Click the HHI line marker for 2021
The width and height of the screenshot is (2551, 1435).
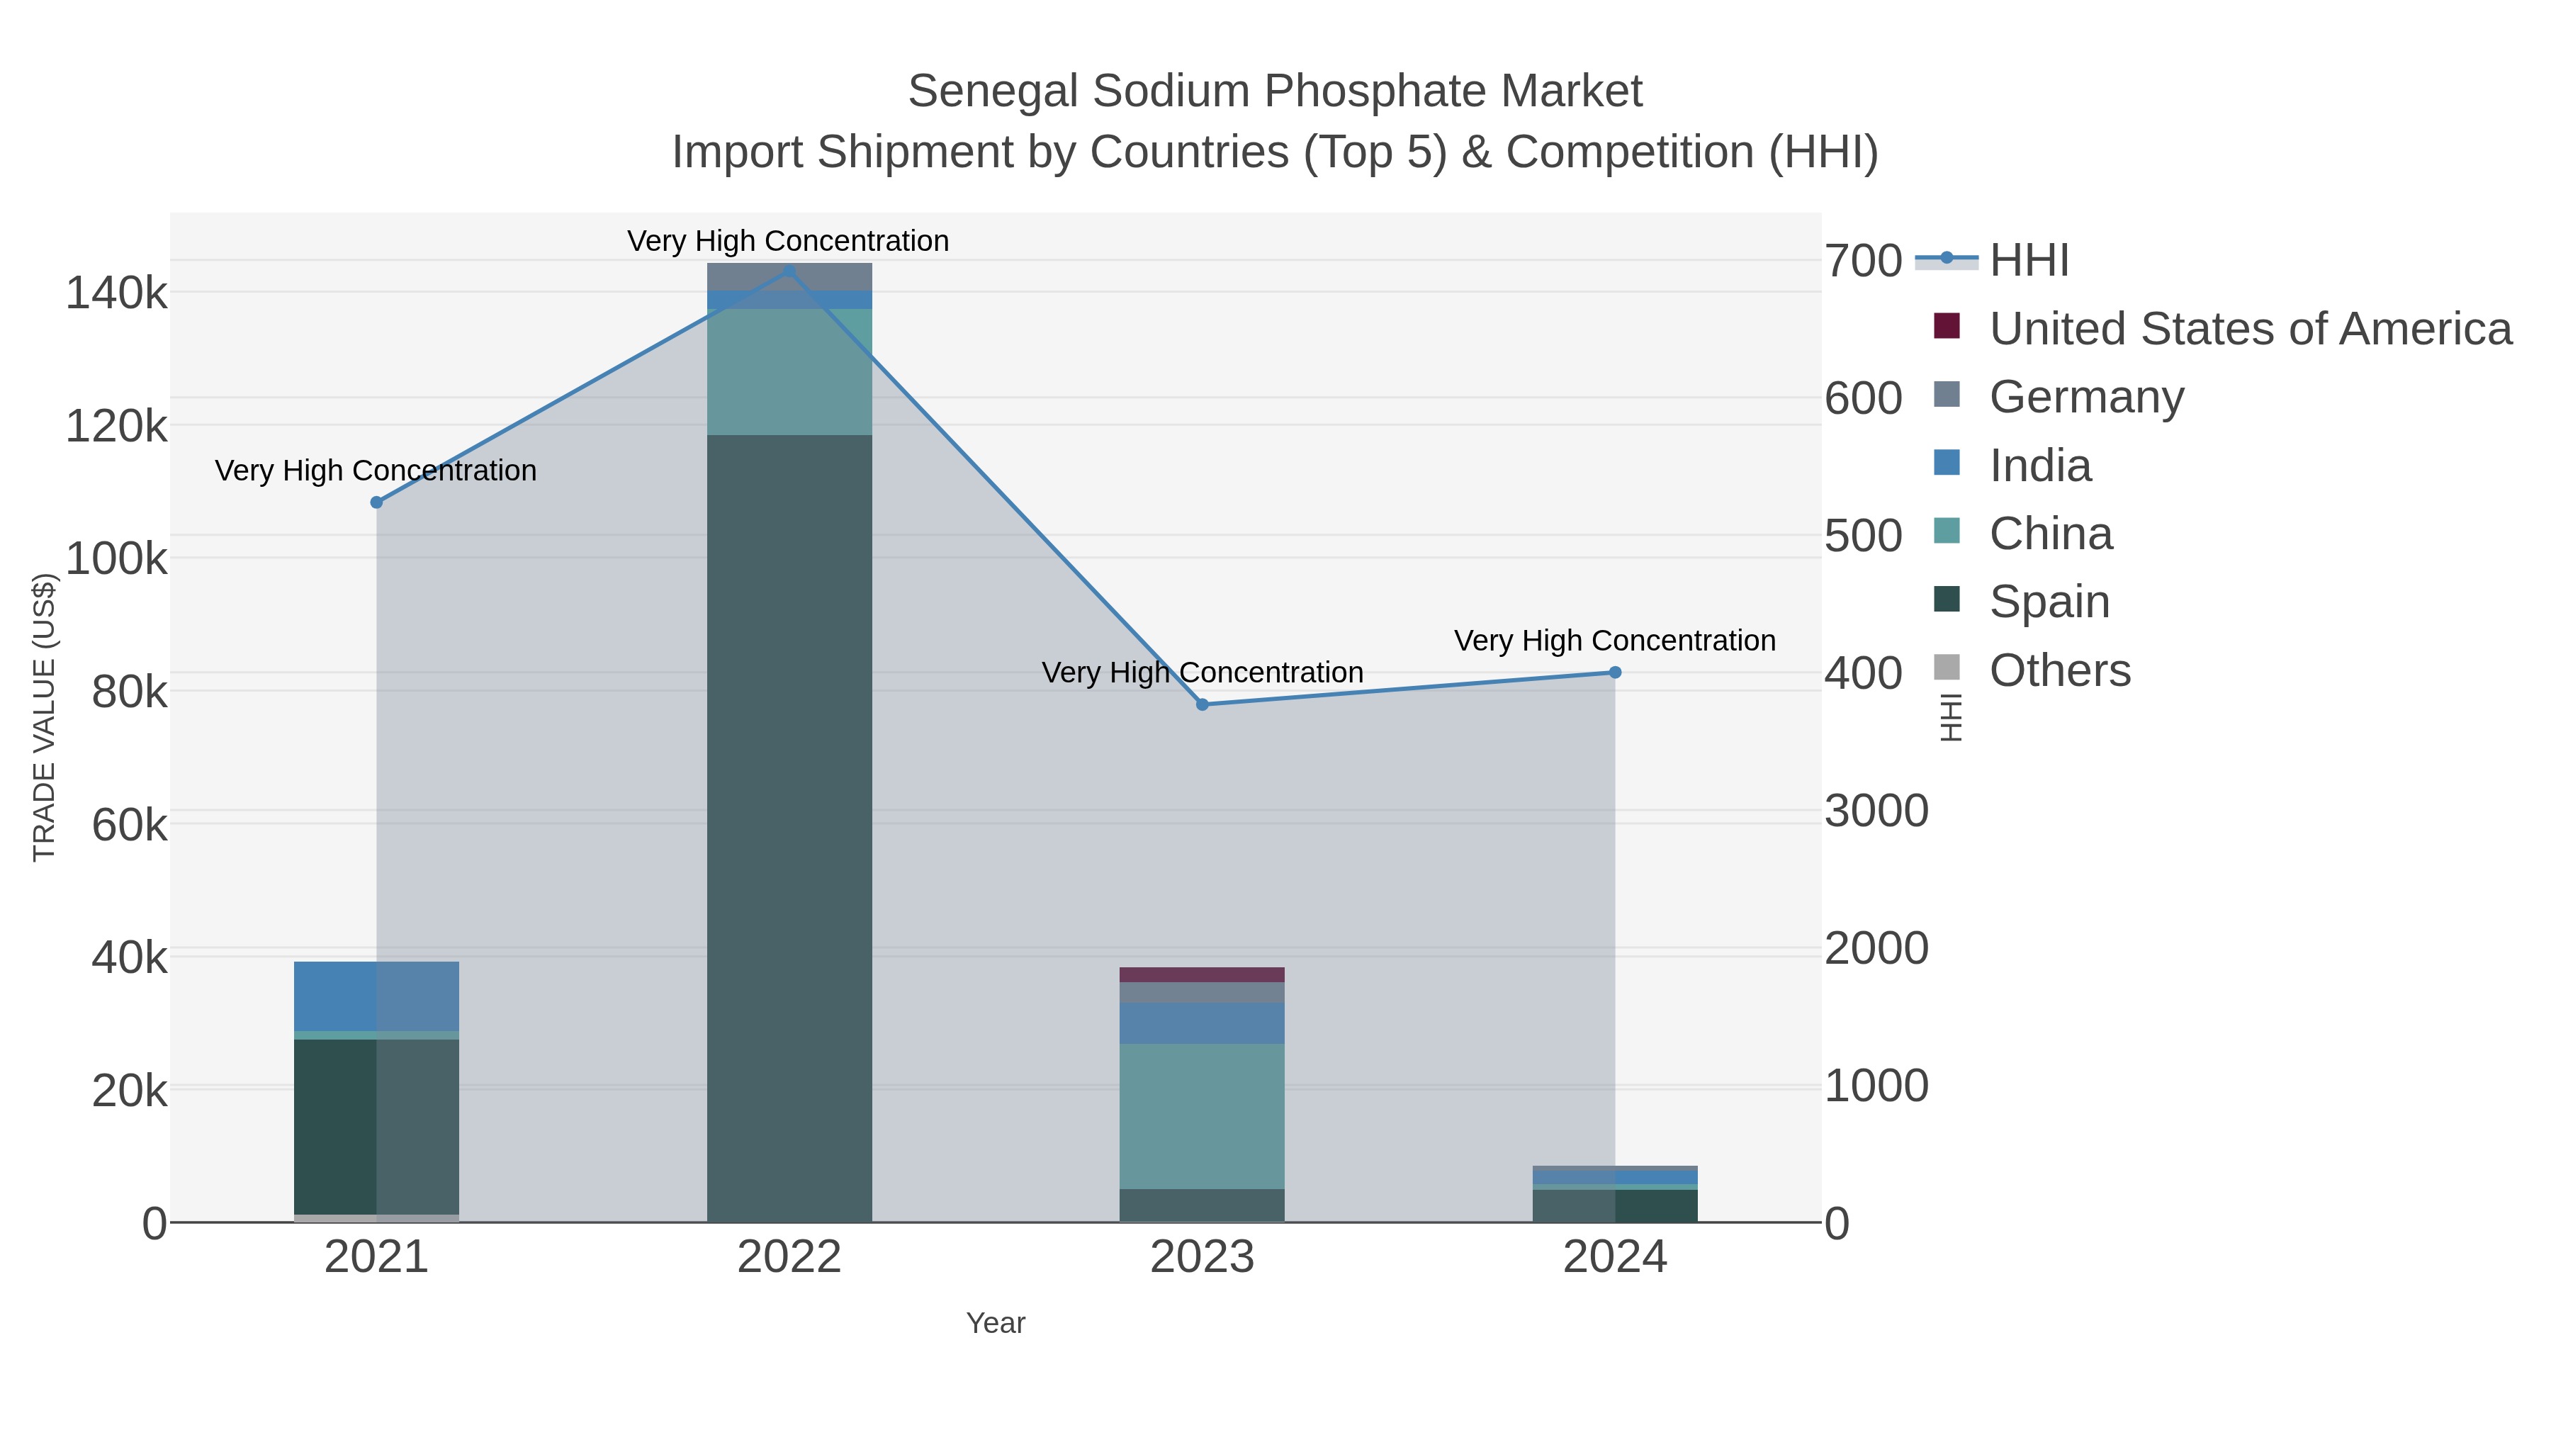pos(376,502)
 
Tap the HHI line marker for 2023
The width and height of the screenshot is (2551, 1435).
pos(1203,704)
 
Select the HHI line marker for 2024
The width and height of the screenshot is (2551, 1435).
pos(1614,673)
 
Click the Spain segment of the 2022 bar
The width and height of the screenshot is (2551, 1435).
pos(789,827)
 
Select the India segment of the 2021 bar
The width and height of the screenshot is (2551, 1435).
pos(376,996)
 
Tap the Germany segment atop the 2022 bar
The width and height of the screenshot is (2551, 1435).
pos(789,276)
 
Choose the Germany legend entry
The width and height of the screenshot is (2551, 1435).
pos(2085,397)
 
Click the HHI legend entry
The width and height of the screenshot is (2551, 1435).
pos(2028,261)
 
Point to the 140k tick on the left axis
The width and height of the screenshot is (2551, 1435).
pos(116,294)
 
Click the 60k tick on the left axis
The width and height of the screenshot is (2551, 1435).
pos(129,825)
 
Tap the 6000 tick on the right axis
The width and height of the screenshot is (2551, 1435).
pos(1864,399)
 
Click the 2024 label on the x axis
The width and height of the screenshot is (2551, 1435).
pos(1614,1256)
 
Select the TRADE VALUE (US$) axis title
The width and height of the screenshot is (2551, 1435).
pos(45,717)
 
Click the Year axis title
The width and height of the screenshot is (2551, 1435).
pos(996,1323)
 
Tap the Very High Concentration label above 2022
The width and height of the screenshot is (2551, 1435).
pos(788,241)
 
